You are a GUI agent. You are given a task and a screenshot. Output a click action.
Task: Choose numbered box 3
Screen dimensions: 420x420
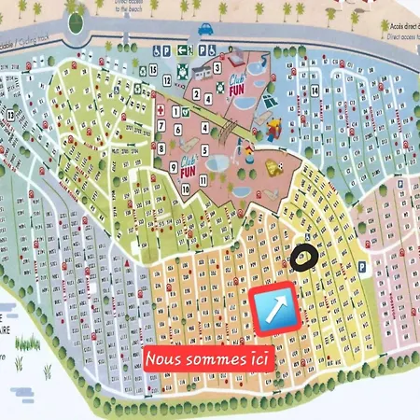(217, 67)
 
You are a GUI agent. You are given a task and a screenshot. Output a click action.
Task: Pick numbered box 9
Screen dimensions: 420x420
(161, 167)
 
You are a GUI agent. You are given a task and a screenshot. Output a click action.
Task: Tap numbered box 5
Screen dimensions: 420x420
(203, 148)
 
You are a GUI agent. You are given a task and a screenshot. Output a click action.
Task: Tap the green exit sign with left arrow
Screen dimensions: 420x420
(183, 51)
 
